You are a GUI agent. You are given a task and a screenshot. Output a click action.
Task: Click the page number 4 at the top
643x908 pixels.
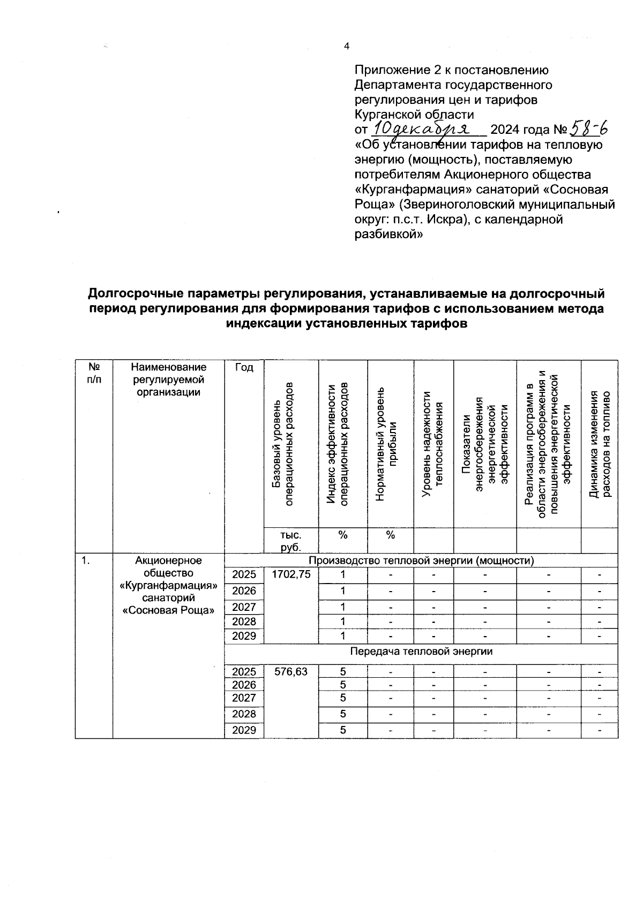[x=346, y=47]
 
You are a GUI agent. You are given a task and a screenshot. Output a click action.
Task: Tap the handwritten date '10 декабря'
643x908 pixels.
[x=421, y=129]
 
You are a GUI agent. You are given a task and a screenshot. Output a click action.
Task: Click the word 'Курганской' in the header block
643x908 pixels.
[x=387, y=114]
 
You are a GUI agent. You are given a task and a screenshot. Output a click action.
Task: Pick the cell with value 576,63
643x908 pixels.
[x=291, y=671]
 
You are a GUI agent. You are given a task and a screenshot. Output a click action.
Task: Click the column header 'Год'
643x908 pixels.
[x=244, y=367]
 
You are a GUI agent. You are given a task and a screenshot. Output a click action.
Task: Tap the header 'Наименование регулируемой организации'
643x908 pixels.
[x=168, y=379]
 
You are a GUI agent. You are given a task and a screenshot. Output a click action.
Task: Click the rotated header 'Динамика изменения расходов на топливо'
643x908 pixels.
[x=600, y=443]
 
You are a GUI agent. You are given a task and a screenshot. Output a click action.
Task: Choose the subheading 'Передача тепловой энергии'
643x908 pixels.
[x=421, y=651]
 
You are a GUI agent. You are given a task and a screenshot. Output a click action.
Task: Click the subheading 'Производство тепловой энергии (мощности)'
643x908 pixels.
[x=421, y=561]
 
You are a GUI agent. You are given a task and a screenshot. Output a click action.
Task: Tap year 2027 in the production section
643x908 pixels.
[x=244, y=607]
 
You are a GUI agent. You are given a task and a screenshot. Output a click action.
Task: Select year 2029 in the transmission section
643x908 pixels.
[x=244, y=730]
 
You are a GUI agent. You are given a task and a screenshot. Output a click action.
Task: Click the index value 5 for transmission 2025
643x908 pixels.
[x=343, y=671]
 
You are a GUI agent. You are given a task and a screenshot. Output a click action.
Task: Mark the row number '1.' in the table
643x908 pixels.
[x=86, y=561]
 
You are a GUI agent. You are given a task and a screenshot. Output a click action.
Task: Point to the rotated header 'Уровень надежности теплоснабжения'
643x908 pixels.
[x=433, y=443]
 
